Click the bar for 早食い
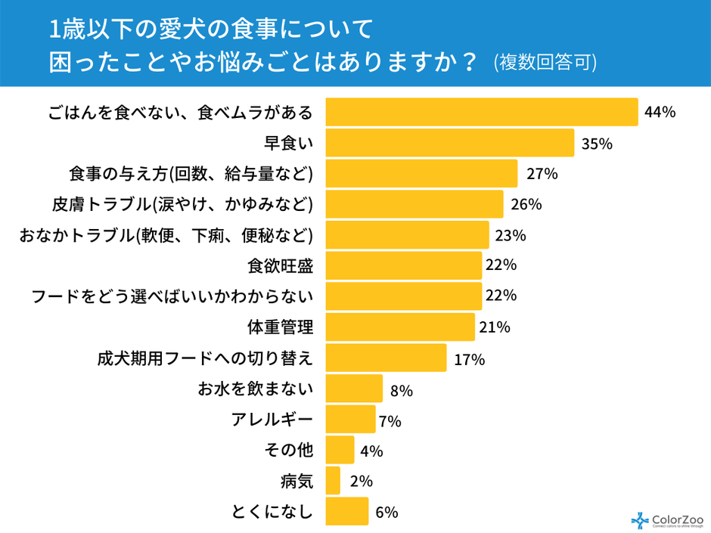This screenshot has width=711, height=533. tap(449, 143)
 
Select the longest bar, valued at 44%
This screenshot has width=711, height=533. tap(481, 112)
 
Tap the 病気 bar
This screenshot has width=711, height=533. tap(333, 481)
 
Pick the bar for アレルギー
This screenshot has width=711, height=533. tap(350, 419)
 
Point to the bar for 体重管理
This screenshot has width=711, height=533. tap(399, 327)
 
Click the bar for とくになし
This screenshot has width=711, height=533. tap(346, 511)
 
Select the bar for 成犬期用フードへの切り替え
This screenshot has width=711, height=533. tap(386, 358)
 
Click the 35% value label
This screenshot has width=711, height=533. tap(596, 144)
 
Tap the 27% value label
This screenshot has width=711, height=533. tap(542, 174)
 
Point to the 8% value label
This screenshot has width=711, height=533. tap(401, 390)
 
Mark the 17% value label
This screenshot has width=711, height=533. tap(469, 359)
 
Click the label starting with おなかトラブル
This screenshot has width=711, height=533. tap(166, 235)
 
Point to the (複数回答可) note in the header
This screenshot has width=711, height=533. tap(545, 62)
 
